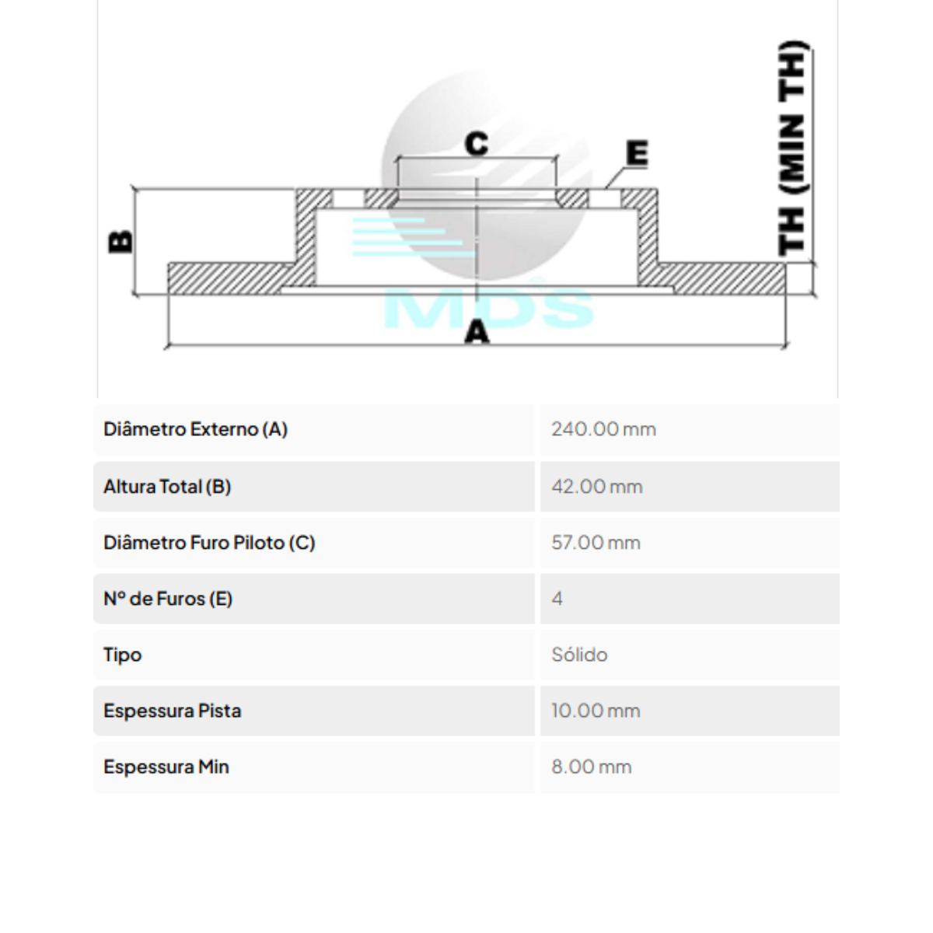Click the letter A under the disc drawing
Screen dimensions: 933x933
pos(477,332)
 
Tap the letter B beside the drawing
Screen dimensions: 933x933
pos(121,242)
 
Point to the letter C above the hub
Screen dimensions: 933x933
pos(476,144)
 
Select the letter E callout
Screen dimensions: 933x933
pos(637,153)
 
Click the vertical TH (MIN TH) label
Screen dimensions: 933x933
pos(792,148)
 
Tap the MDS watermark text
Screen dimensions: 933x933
pos(489,306)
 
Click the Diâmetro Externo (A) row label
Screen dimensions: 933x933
pos(195,429)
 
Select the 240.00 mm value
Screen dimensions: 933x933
pos(603,429)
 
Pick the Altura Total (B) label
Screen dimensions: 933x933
pos(167,487)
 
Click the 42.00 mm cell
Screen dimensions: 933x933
pos(596,487)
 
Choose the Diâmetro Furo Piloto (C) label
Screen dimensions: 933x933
pos(209,543)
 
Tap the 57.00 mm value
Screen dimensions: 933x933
pos(596,543)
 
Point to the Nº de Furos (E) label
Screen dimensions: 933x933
pos(168,599)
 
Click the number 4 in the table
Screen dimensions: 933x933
pos(557,599)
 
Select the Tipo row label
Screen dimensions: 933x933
pos(122,655)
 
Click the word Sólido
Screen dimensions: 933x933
pos(579,655)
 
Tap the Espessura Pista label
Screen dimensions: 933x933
pos(172,711)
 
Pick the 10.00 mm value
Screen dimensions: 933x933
pos(596,711)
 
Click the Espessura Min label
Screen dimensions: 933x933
pos(166,767)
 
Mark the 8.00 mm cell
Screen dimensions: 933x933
pos(591,767)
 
